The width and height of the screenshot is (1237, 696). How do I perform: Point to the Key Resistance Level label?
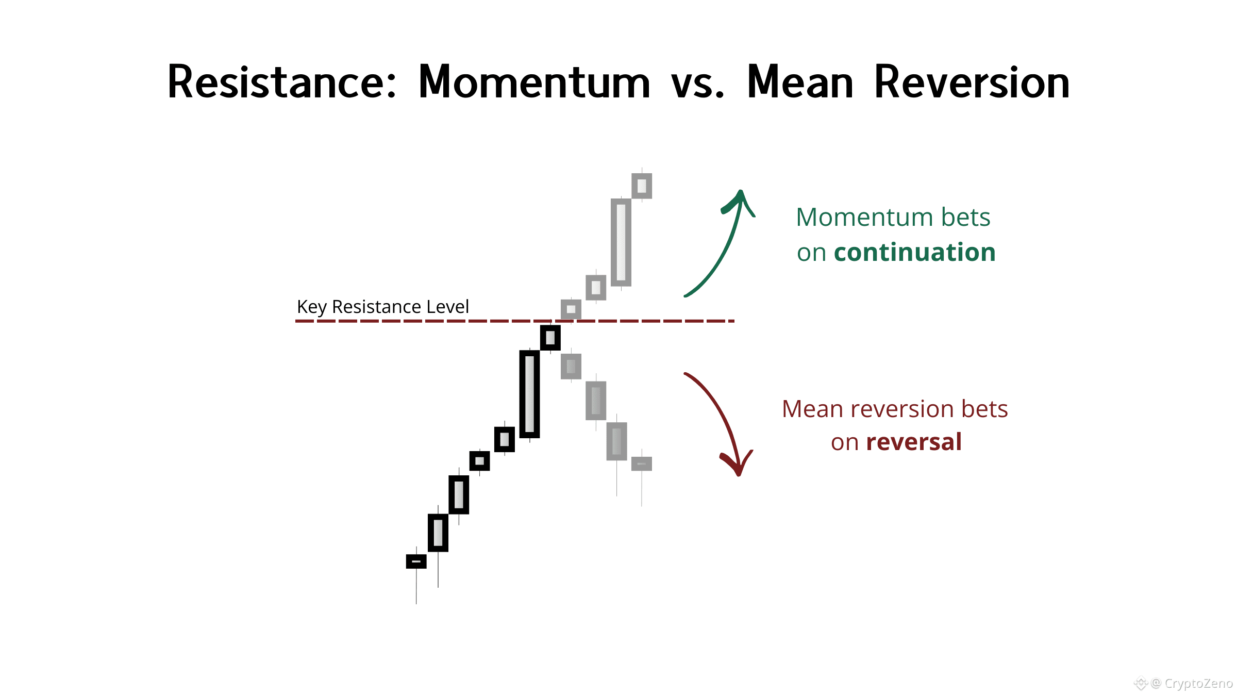coord(383,307)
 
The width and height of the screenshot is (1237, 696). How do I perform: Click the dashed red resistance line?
coord(515,321)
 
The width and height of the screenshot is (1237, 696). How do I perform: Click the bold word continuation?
coord(915,252)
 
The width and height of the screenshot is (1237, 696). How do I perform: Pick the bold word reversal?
coord(914,442)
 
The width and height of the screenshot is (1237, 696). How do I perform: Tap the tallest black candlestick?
coord(530,394)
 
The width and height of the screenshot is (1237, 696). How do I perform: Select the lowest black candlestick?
coord(416,561)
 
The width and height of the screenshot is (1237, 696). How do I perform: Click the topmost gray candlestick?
coord(642,186)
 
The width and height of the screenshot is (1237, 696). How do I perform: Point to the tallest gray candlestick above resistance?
coord(621,242)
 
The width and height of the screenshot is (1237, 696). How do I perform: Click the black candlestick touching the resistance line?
coord(550,338)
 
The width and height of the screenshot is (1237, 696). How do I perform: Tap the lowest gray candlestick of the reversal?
coord(642,464)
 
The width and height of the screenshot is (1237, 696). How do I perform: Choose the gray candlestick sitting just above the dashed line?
coord(571,309)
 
